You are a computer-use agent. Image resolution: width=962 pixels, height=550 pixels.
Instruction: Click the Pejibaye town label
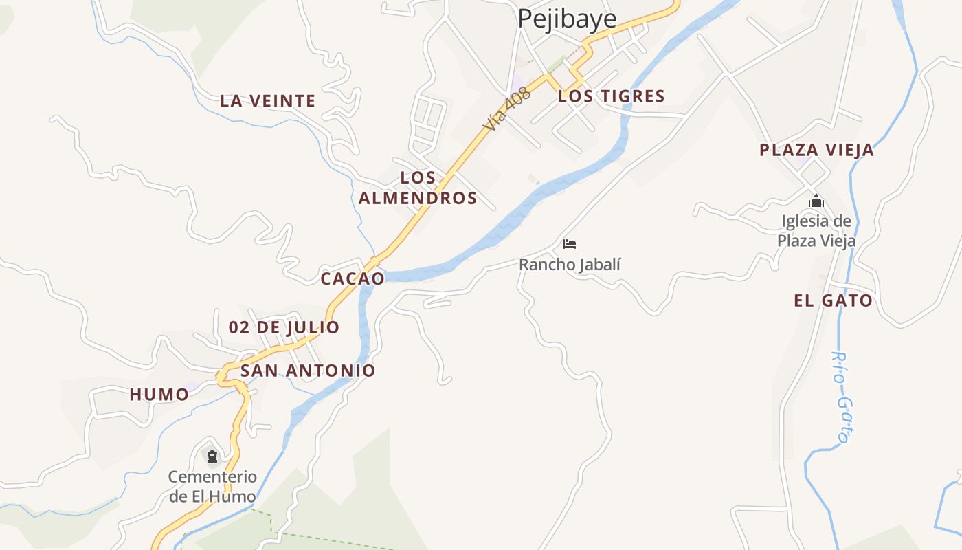(x=567, y=19)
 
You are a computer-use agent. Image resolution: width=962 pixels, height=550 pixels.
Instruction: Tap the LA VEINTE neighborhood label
(x=267, y=101)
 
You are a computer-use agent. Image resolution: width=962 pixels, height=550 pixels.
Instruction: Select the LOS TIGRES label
(x=611, y=96)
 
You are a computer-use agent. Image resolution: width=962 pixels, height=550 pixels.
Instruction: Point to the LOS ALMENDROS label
(x=418, y=188)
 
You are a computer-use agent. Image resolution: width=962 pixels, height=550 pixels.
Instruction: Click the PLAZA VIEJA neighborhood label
(x=816, y=150)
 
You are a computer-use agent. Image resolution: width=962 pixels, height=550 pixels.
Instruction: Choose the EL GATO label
(x=833, y=300)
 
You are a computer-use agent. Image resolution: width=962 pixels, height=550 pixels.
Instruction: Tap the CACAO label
(x=353, y=278)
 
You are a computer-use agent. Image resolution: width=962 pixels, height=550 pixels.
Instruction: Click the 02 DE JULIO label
(x=284, y=327)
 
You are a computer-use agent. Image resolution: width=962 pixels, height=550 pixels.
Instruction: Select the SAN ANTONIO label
(x=308, y=371)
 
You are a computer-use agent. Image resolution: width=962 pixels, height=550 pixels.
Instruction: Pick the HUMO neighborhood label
(x=159, y=395)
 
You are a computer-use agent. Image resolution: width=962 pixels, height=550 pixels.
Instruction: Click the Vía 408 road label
(x=507, y=110)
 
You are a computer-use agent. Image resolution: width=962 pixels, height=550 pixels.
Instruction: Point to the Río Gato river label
(x=842, y=397)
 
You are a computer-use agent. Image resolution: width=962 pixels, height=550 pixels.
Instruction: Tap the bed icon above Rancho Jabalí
(x=569, y=244)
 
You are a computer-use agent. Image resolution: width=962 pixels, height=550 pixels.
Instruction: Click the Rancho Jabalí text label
(x=569, y=264)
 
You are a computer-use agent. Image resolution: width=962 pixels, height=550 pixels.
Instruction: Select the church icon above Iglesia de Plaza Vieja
(x=816, y=201)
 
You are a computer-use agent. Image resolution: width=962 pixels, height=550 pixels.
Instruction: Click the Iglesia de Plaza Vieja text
(x=816, y=231)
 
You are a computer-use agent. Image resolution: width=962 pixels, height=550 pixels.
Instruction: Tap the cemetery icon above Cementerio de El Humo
(x=212, y=456)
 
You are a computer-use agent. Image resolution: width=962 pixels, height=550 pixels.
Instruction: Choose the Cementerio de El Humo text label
(x=212, y=486)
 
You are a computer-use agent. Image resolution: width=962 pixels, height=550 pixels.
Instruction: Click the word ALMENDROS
(x=418, y=199)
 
